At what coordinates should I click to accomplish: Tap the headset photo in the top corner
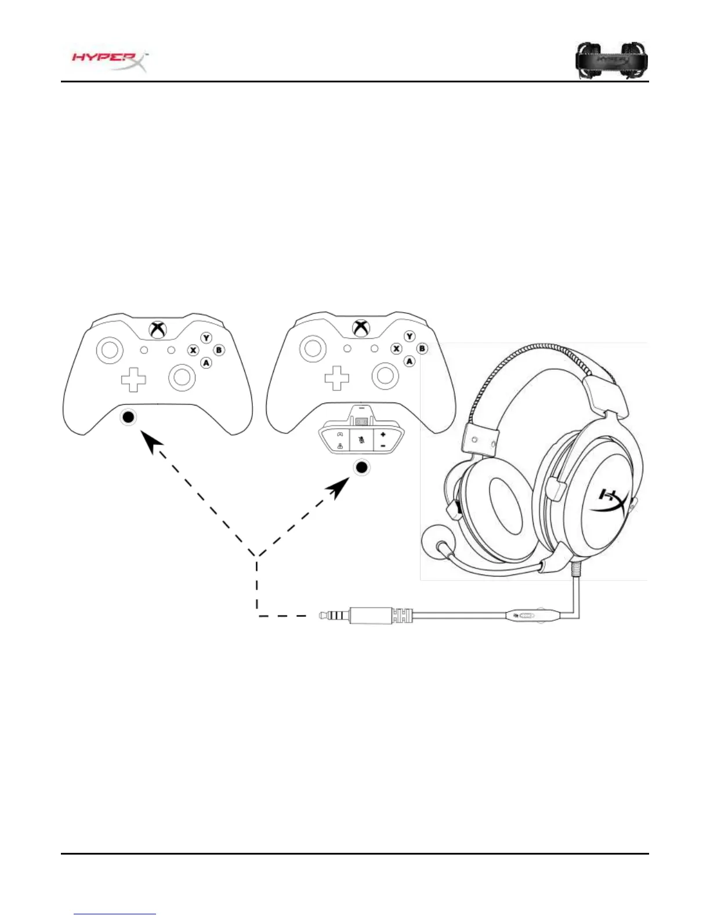click(611, 60)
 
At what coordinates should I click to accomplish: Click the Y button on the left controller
click(207, 338)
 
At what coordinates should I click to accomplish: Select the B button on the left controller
click(219, 350)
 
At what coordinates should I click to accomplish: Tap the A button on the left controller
click(206, 363)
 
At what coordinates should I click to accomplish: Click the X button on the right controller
click(397, 349)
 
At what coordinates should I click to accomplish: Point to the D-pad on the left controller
click(133, 379)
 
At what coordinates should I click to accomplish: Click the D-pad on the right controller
click(336, 378)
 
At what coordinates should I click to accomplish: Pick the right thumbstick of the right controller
click(385, 376)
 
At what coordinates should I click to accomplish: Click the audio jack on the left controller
click(128, 417)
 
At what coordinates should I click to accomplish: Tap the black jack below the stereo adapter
click(362, 467)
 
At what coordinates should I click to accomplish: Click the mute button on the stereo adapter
click(361, 440)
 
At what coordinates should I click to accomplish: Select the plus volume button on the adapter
click(383, 435)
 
